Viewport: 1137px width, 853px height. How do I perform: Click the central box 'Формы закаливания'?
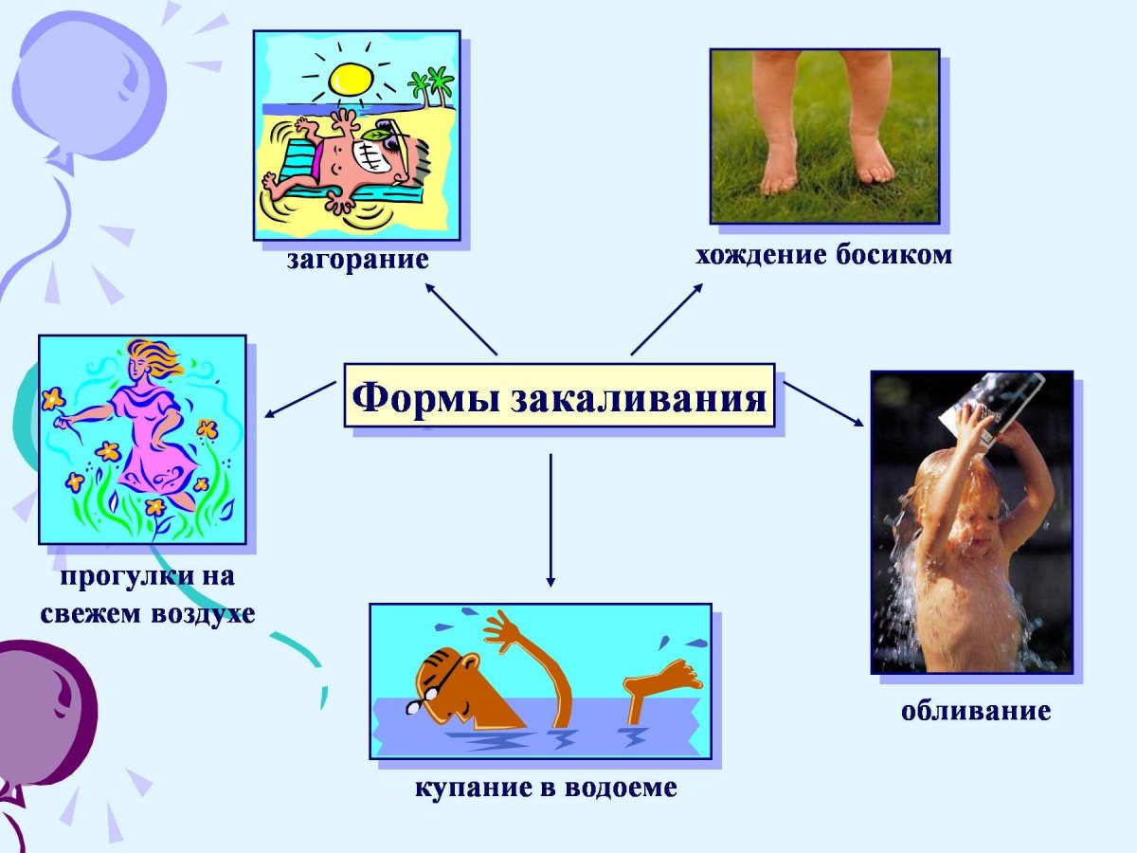point(559,395)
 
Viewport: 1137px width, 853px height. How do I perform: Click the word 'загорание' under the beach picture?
point(358,260)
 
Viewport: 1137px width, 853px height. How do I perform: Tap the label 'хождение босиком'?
point(823,255)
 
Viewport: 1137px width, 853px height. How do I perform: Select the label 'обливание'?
point(975,710)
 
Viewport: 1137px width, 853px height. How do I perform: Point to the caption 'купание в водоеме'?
point(546,788)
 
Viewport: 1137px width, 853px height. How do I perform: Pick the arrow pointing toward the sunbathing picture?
point(460,318)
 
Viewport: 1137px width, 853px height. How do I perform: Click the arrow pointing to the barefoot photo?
point(667,318)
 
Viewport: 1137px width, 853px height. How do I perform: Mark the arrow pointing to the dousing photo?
point(823,405)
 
